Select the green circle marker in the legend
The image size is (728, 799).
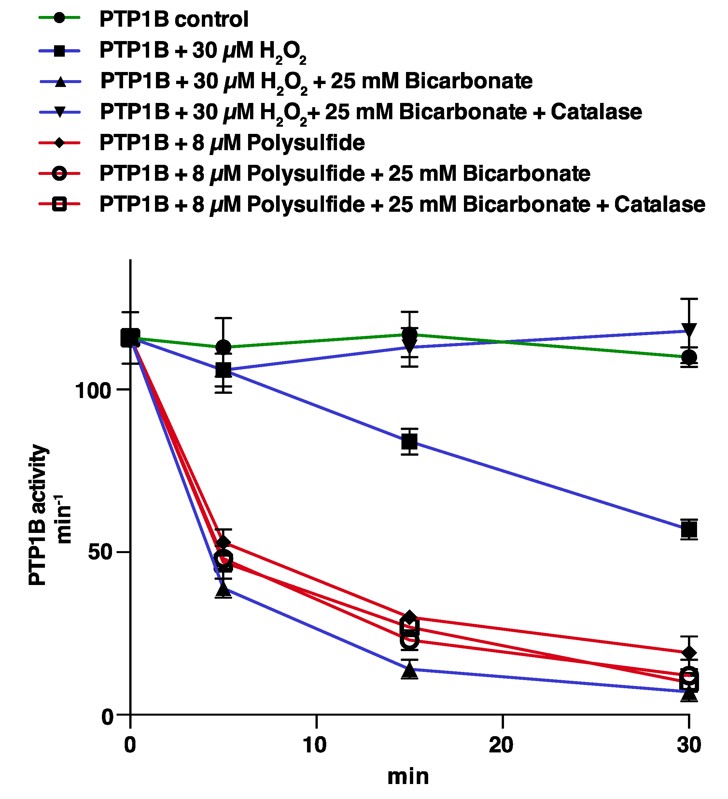(59, 18)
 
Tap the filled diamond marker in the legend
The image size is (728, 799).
(59, 142)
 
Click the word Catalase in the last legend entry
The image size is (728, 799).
(660, 205)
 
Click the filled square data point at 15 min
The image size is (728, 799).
(410, 441)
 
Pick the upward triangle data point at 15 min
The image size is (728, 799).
(410, 670)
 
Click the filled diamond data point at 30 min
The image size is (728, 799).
(689, 653)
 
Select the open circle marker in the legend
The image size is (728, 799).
(59, 174)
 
